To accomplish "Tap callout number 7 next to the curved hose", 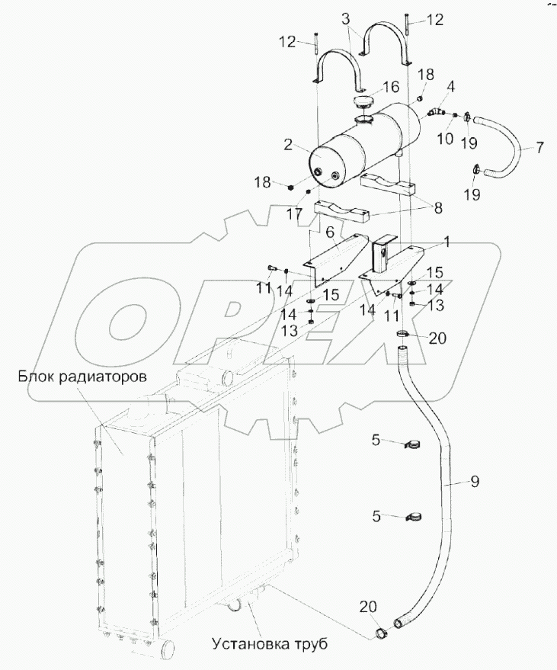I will pos(539,147).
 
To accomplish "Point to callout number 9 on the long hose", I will pos(474,482).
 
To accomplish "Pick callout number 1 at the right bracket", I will pos(447,242).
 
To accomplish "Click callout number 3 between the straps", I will pos(345,17).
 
